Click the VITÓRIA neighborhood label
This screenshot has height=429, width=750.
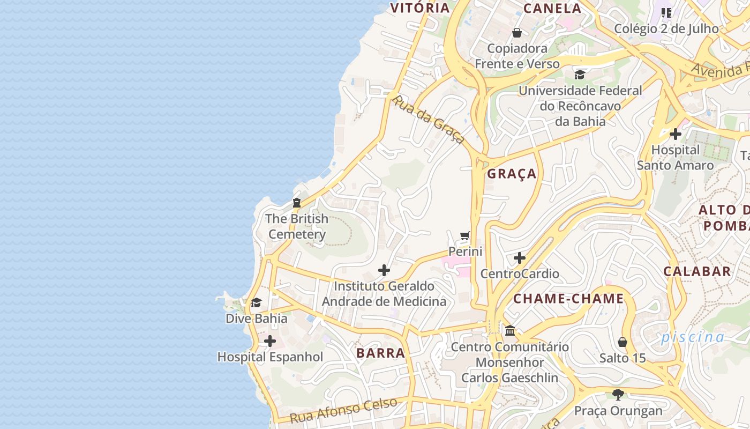(419, 8)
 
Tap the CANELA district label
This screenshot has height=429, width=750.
(552, 8)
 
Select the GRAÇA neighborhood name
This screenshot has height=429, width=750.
(512, 173)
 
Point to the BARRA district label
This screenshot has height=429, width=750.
(380, 353)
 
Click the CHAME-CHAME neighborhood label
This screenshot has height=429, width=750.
(569, 299)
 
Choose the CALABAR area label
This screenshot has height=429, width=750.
(697, 271)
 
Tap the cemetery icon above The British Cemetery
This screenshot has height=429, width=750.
(296, 203)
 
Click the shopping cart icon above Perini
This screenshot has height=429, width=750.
(465, 236)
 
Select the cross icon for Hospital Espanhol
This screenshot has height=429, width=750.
(270, 341)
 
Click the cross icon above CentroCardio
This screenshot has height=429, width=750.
(519, 258)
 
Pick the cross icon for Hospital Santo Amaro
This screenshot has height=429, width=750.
(676, 134)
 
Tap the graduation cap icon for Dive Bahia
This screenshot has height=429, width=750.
(256, 303)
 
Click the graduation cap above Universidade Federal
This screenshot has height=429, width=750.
(580, 75)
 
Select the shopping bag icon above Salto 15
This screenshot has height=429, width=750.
(622, 342)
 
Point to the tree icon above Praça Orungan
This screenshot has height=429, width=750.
(618, 395)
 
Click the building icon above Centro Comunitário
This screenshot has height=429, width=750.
(509, 330)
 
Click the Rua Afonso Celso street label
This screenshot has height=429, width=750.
(343, 410)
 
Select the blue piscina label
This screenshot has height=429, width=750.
(692, 337)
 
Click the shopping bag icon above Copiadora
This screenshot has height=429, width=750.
(517, 33)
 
